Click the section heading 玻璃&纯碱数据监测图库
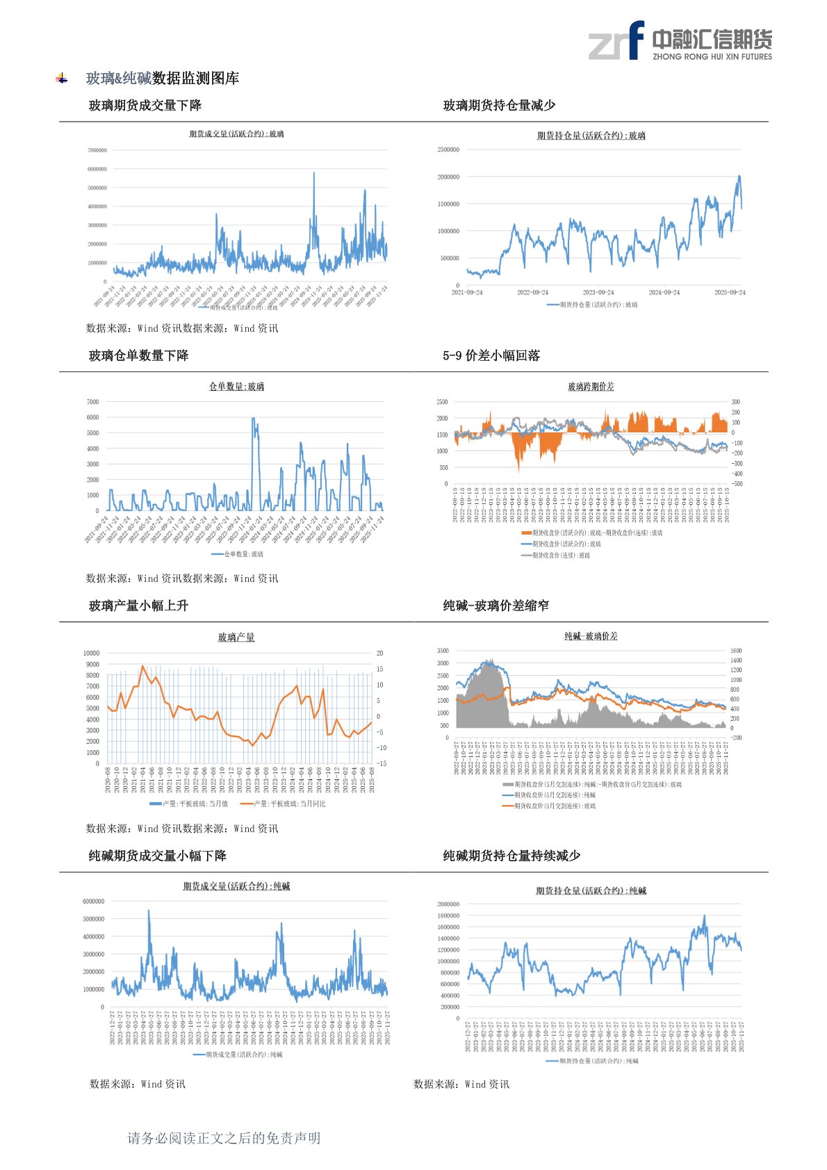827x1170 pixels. tap(163, 79)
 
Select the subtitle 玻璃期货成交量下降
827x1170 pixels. tap(145, 106)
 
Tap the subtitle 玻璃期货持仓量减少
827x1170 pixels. tap(499, 106)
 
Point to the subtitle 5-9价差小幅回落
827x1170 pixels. tap(491, 356)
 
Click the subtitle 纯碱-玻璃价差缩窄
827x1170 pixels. tap(496, 606)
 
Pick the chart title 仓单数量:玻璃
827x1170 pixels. tap(236, 387)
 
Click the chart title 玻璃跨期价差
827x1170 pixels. tap(591, 387)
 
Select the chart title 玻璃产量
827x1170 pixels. tap(236, 637)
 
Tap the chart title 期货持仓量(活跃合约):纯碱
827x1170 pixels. tap(591, 891)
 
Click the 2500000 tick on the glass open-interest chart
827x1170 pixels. tap(448, 149)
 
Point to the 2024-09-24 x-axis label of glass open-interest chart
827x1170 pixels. tap(664, 293)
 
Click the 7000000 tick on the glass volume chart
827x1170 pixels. tap(97, 150)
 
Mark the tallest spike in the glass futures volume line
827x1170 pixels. tap(313, 174)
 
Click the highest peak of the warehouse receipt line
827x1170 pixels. tap(253, 419)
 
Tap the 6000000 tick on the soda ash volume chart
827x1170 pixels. tap(94, 902)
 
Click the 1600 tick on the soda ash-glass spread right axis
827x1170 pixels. tap(736, 651)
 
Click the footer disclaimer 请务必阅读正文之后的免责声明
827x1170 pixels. tap(224, 1138)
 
